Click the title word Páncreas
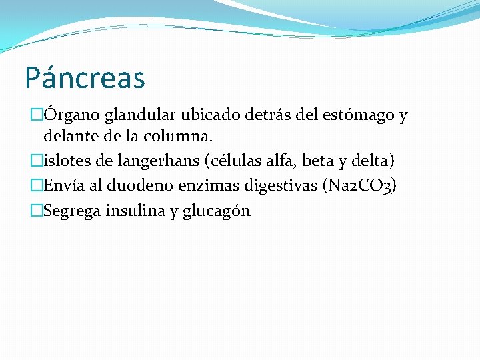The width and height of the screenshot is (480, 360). [x=85, y=77]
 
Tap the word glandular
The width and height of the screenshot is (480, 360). [x=143, y=115]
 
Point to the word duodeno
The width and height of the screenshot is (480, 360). [x=134, y=186]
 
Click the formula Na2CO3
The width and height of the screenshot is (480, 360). [x=359, y=186]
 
